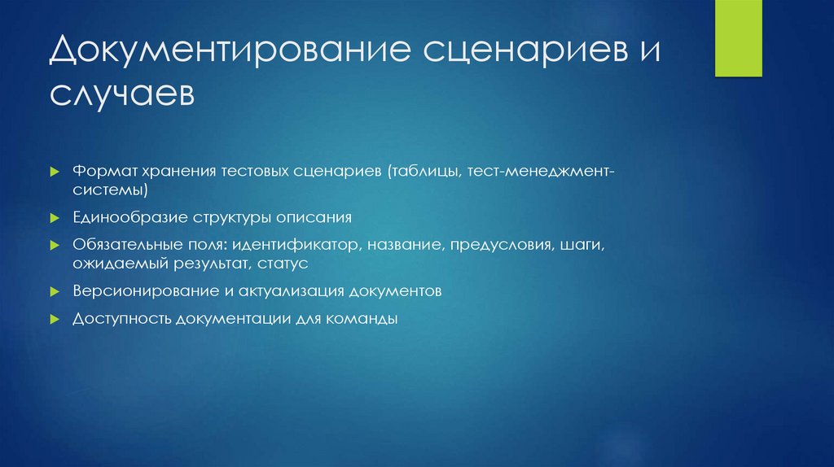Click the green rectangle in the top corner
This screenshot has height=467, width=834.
click(739, 38)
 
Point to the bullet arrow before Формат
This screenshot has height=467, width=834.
click(55, 173)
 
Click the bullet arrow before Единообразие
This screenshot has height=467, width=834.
click(55, 219)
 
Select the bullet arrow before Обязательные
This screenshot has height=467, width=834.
click(55, 245)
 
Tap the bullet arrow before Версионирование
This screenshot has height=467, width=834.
click(55, 291)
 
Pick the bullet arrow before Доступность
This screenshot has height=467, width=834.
click(55, 320)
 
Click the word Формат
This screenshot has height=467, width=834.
click(102, 172)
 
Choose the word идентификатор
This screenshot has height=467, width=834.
click(296, 244)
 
